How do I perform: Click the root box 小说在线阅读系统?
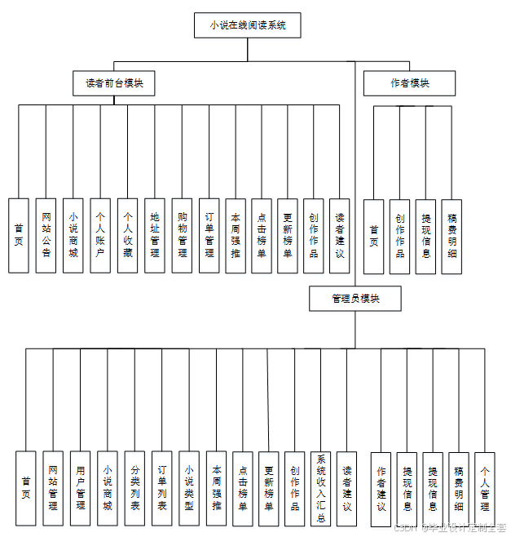[x=248, y=25]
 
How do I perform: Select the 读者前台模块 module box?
[x=114, y=83]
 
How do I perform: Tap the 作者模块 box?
[x=409, y=83]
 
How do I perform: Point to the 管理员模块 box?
[x=355, y=299]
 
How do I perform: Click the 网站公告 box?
[x=46, y=235]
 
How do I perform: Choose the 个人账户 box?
[x=100, y=235]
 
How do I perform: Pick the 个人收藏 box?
[x=127, y=235]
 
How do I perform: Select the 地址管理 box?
[x=155, y=235]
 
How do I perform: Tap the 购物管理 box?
[x=182, y=235]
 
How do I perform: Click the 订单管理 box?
[x=209, y=235]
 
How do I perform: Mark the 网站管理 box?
[x=53, y=488]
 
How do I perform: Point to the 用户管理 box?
[x=80, y=488]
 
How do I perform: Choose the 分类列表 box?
[x=134, y=488]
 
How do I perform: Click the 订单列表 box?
[x=161, y=488]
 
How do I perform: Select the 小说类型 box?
[x=188, y=488]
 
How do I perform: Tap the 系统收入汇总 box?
[x=321, y=488]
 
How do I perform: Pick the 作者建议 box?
[x=381, y=488]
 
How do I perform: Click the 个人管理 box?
[x=485, y=488]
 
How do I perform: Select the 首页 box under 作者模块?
[x=373, y=236]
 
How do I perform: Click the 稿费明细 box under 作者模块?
[x=452, y=236]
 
